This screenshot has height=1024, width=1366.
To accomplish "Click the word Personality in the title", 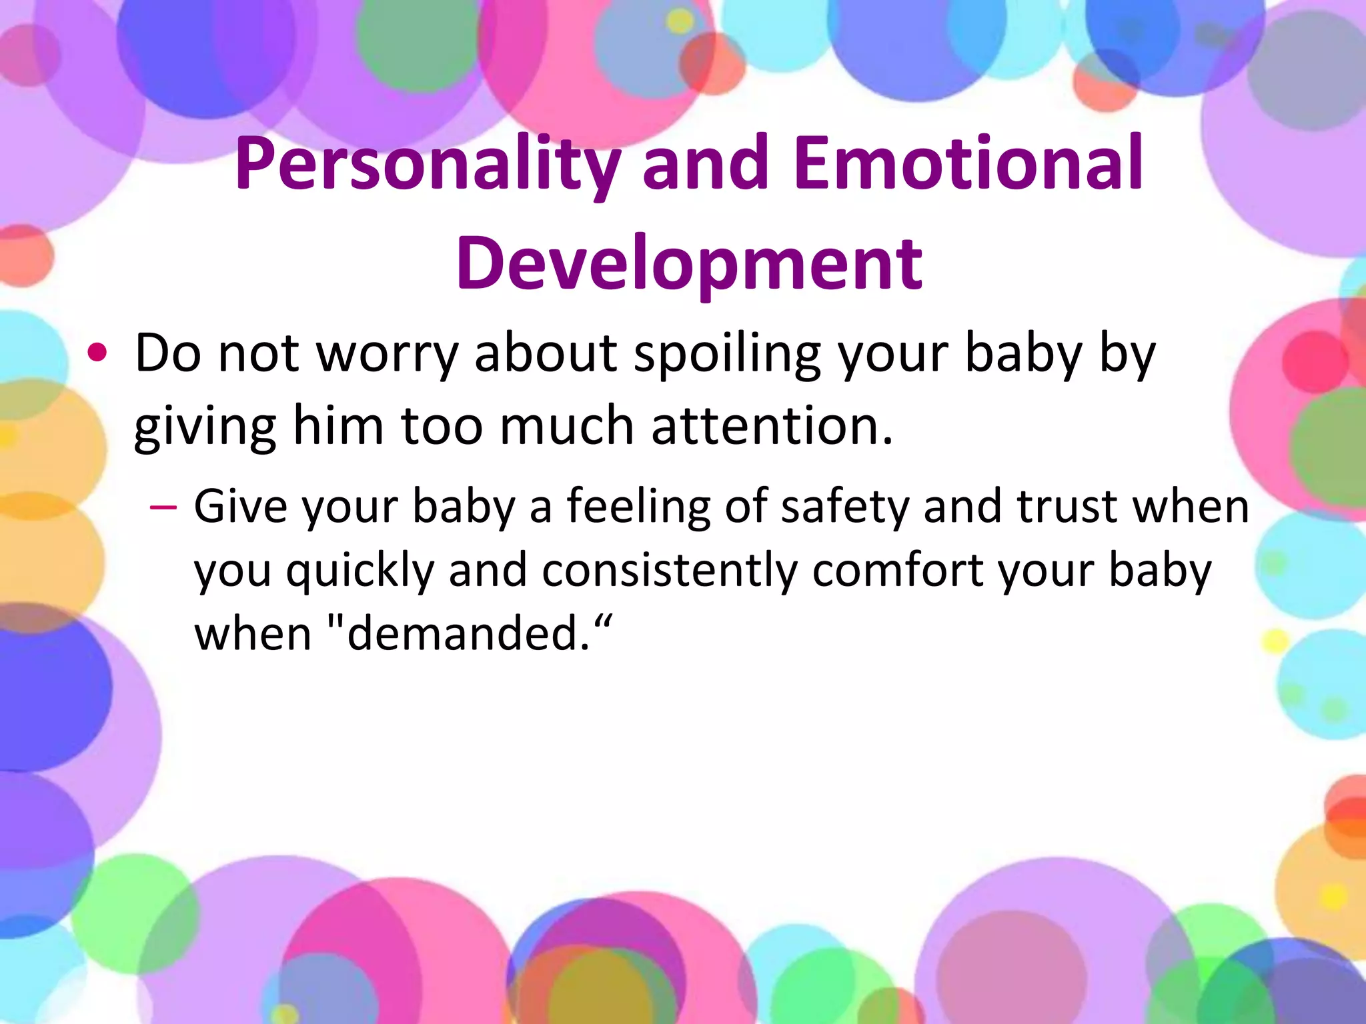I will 428,165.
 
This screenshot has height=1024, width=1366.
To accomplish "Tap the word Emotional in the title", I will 969,163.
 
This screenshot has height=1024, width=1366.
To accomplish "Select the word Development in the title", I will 689,264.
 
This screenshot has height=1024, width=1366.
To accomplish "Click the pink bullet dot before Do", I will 97,354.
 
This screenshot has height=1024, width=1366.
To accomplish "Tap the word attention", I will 772,427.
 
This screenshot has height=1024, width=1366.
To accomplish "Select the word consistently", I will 670,572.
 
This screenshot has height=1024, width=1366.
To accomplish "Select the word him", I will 338,427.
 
